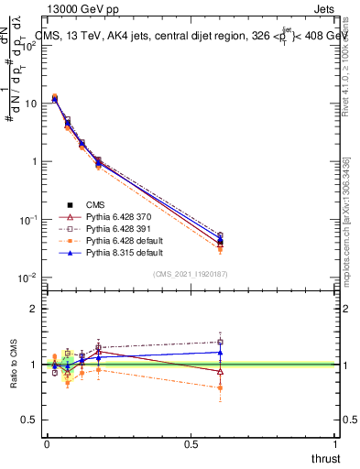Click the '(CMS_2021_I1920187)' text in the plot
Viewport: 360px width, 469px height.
[x=191, y=273]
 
